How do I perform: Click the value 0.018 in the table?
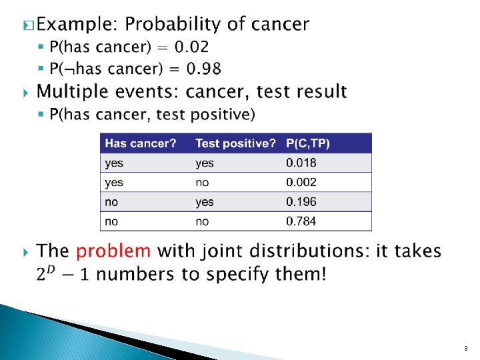301,163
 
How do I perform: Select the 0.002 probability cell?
301,182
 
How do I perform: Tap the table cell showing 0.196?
301,201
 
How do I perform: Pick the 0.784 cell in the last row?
301,221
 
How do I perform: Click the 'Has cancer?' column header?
141,143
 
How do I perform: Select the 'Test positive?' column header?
235,143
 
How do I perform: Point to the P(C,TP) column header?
307,143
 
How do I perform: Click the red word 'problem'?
113,251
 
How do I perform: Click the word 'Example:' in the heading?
77,25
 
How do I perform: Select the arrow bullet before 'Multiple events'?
26,91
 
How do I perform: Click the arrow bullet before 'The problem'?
26,252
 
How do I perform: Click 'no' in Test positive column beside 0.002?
202,182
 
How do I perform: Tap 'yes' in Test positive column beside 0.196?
205,201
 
